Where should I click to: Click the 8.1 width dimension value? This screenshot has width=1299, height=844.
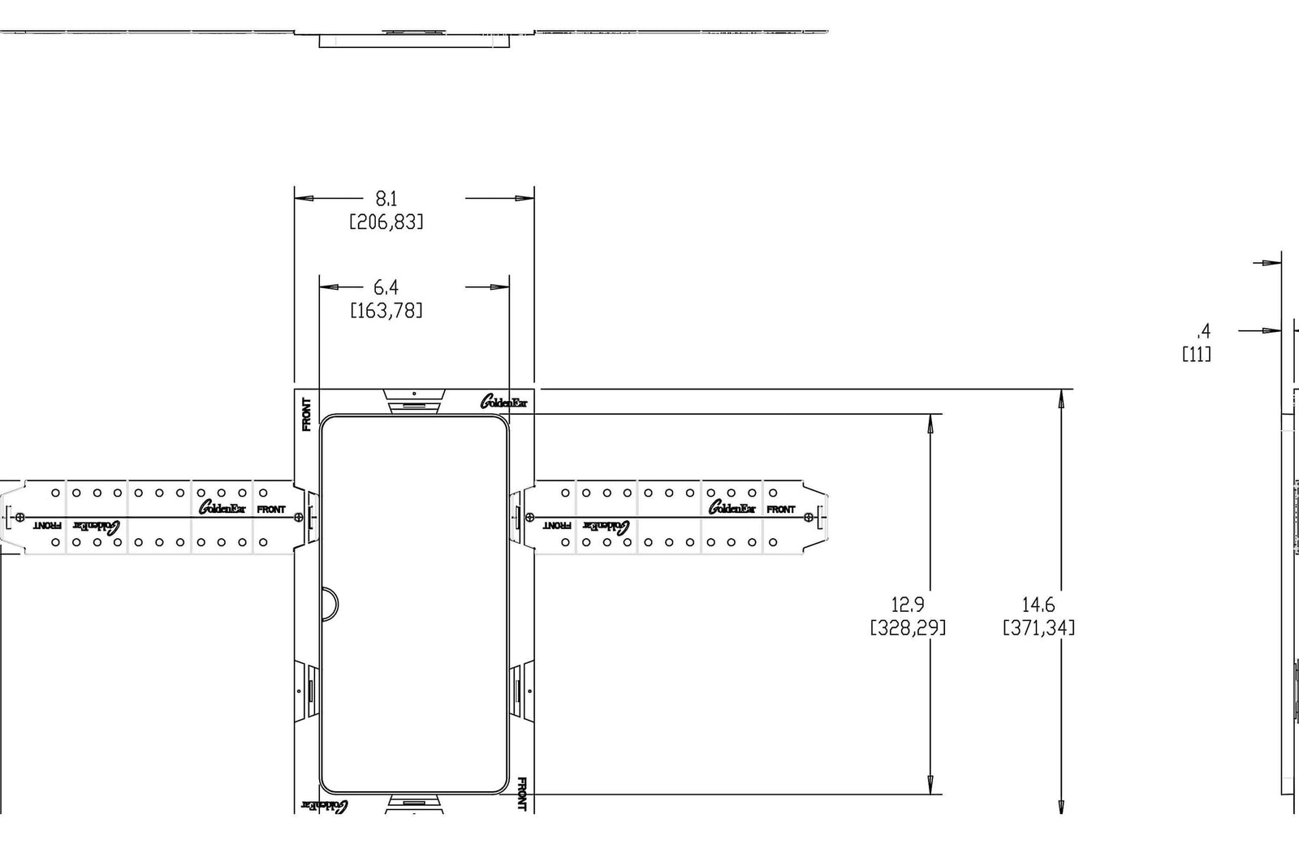click(x=386, y=199)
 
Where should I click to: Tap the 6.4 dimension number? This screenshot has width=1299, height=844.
click(x=386, y=287)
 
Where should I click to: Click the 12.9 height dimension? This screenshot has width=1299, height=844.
click(x=907, y=605)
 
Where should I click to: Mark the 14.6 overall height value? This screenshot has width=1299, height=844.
click(x=1038, y=605)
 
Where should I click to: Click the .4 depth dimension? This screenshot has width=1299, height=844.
click(x=1203, y=331)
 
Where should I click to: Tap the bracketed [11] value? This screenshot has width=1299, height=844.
click(x=1196, y=354)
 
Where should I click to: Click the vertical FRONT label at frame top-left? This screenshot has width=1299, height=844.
click(x=306, y=414)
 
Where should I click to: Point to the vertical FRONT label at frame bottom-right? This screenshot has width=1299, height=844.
click(x=521, y=794)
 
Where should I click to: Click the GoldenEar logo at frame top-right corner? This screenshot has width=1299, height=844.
click(x=503, y=402)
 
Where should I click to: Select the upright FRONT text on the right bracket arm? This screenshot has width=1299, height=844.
click(x=781, y=510)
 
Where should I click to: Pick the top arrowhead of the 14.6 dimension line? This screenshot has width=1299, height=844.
click(x=1061, y=398)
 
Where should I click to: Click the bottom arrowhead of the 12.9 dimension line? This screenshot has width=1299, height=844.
click(x=930, y=785)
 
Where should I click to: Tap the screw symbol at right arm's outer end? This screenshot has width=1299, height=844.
click(x=808, y=517)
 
